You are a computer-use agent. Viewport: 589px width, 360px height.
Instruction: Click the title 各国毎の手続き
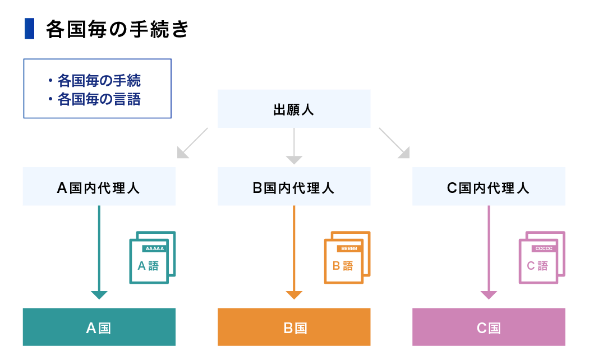(x=118, y=29)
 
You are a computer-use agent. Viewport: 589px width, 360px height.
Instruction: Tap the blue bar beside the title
(x=29, y=29)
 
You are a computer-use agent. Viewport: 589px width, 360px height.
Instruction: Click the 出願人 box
(x=294, y=109)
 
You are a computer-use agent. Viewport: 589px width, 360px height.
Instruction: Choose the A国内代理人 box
(x=99, y=187)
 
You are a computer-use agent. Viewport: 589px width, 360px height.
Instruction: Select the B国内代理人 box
(x=294, y=187)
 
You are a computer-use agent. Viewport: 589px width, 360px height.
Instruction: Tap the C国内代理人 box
(x=489, y=187)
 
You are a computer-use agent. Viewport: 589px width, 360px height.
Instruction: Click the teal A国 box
(x=99, y=327)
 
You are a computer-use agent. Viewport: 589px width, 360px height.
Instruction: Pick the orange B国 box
(x=294, y=327)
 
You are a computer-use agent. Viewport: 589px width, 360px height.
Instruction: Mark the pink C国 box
(x=489, y=327)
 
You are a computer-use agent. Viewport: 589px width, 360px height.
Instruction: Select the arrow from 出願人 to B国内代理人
(x=294, y=146)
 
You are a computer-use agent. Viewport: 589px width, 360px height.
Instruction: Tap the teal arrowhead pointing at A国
(x=99, y=295)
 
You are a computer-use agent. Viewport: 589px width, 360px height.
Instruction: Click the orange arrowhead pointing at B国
(x=294, y=295)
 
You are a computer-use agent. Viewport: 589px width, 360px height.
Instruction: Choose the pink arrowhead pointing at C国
(x=489, y=295)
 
